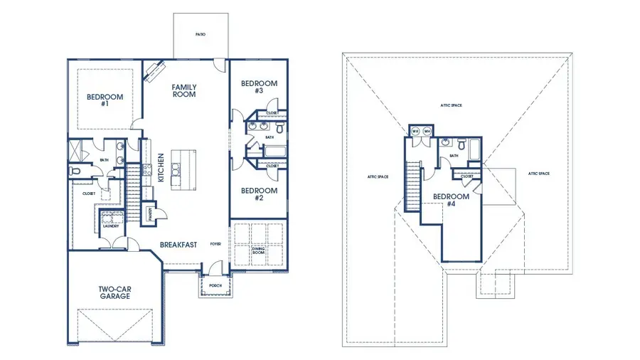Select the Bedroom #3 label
click(x=258, y=88)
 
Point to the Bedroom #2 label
click(x=258, y=194)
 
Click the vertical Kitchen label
click(x=162, y=168)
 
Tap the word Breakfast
click(x=178, y=244)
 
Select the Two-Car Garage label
click(x=114, y=292)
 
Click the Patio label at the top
click(x=201, y=34)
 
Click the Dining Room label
click(x=258, y=250)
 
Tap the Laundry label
click(x=111, y=226)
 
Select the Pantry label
click(x=151, y=212)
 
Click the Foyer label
click(x=215, y=244)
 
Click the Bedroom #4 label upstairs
click(x=451, y=200)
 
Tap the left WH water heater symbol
click(x=415, y=131)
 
